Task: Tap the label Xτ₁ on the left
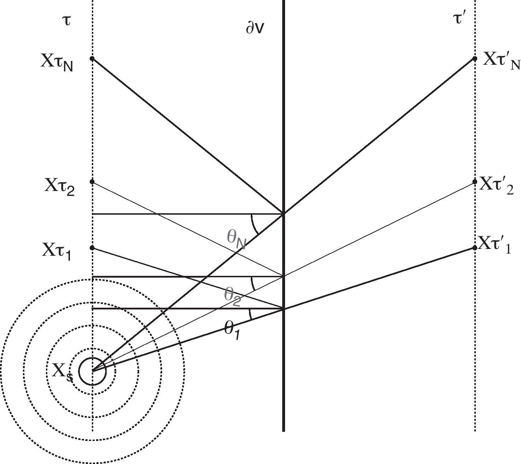57,251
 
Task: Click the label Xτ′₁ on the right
495,245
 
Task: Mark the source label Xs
63,373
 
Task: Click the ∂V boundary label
255,28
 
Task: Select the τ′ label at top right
459,19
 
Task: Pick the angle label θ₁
232,330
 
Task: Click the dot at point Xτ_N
92,58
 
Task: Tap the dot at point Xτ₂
92,182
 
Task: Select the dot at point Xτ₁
92,248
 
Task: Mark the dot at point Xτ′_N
475,58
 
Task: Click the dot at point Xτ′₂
475,182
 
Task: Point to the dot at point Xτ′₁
475,248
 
